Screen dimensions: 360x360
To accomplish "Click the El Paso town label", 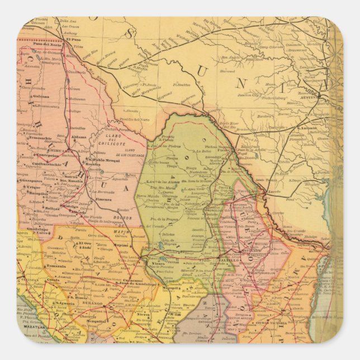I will pyautogui.click(x=73, y=40).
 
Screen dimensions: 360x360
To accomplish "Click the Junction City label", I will pyautogui.click(x=277, y=94).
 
